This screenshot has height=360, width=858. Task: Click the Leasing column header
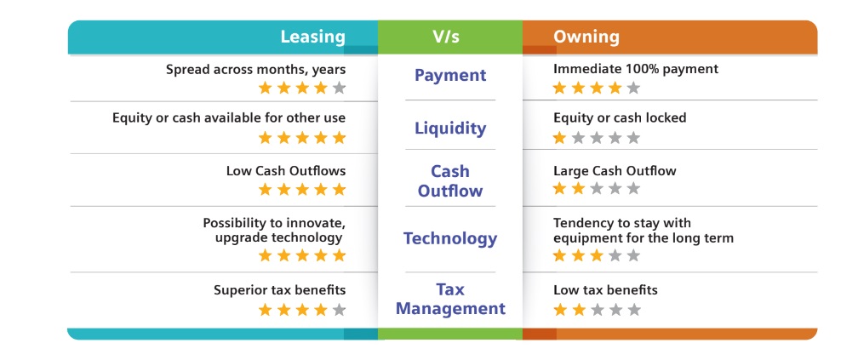tap(313, 37)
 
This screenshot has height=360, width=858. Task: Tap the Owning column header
tap(586, 37)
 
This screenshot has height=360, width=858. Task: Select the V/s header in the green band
tap(446, 37)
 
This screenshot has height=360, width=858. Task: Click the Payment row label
tap(450, 75)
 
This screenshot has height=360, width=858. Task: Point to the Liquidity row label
tap(450, 128)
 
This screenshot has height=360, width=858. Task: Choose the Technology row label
tap(450, 238)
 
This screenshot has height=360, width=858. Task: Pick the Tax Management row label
tap(450, 299)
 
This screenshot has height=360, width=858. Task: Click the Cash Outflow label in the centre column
tap(450, 181)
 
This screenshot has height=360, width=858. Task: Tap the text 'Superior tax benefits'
tap(279, 290)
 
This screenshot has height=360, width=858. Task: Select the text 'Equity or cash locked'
tap(620, 117)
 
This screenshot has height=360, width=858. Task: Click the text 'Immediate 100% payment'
tap(635, 69)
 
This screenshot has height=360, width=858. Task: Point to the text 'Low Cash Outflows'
tap(286, 171)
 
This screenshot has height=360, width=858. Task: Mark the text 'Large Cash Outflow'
tap(615, 171)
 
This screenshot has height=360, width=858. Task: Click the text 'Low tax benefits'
tap(605, 290)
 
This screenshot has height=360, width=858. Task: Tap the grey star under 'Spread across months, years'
tap(340, 88)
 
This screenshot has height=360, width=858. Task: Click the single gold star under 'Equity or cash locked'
tap(559, 137)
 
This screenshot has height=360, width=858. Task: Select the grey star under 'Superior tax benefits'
tap(340, 310)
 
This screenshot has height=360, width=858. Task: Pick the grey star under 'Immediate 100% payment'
tap(633, 88)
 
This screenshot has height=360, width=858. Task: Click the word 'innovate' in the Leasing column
tap(320, 223)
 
